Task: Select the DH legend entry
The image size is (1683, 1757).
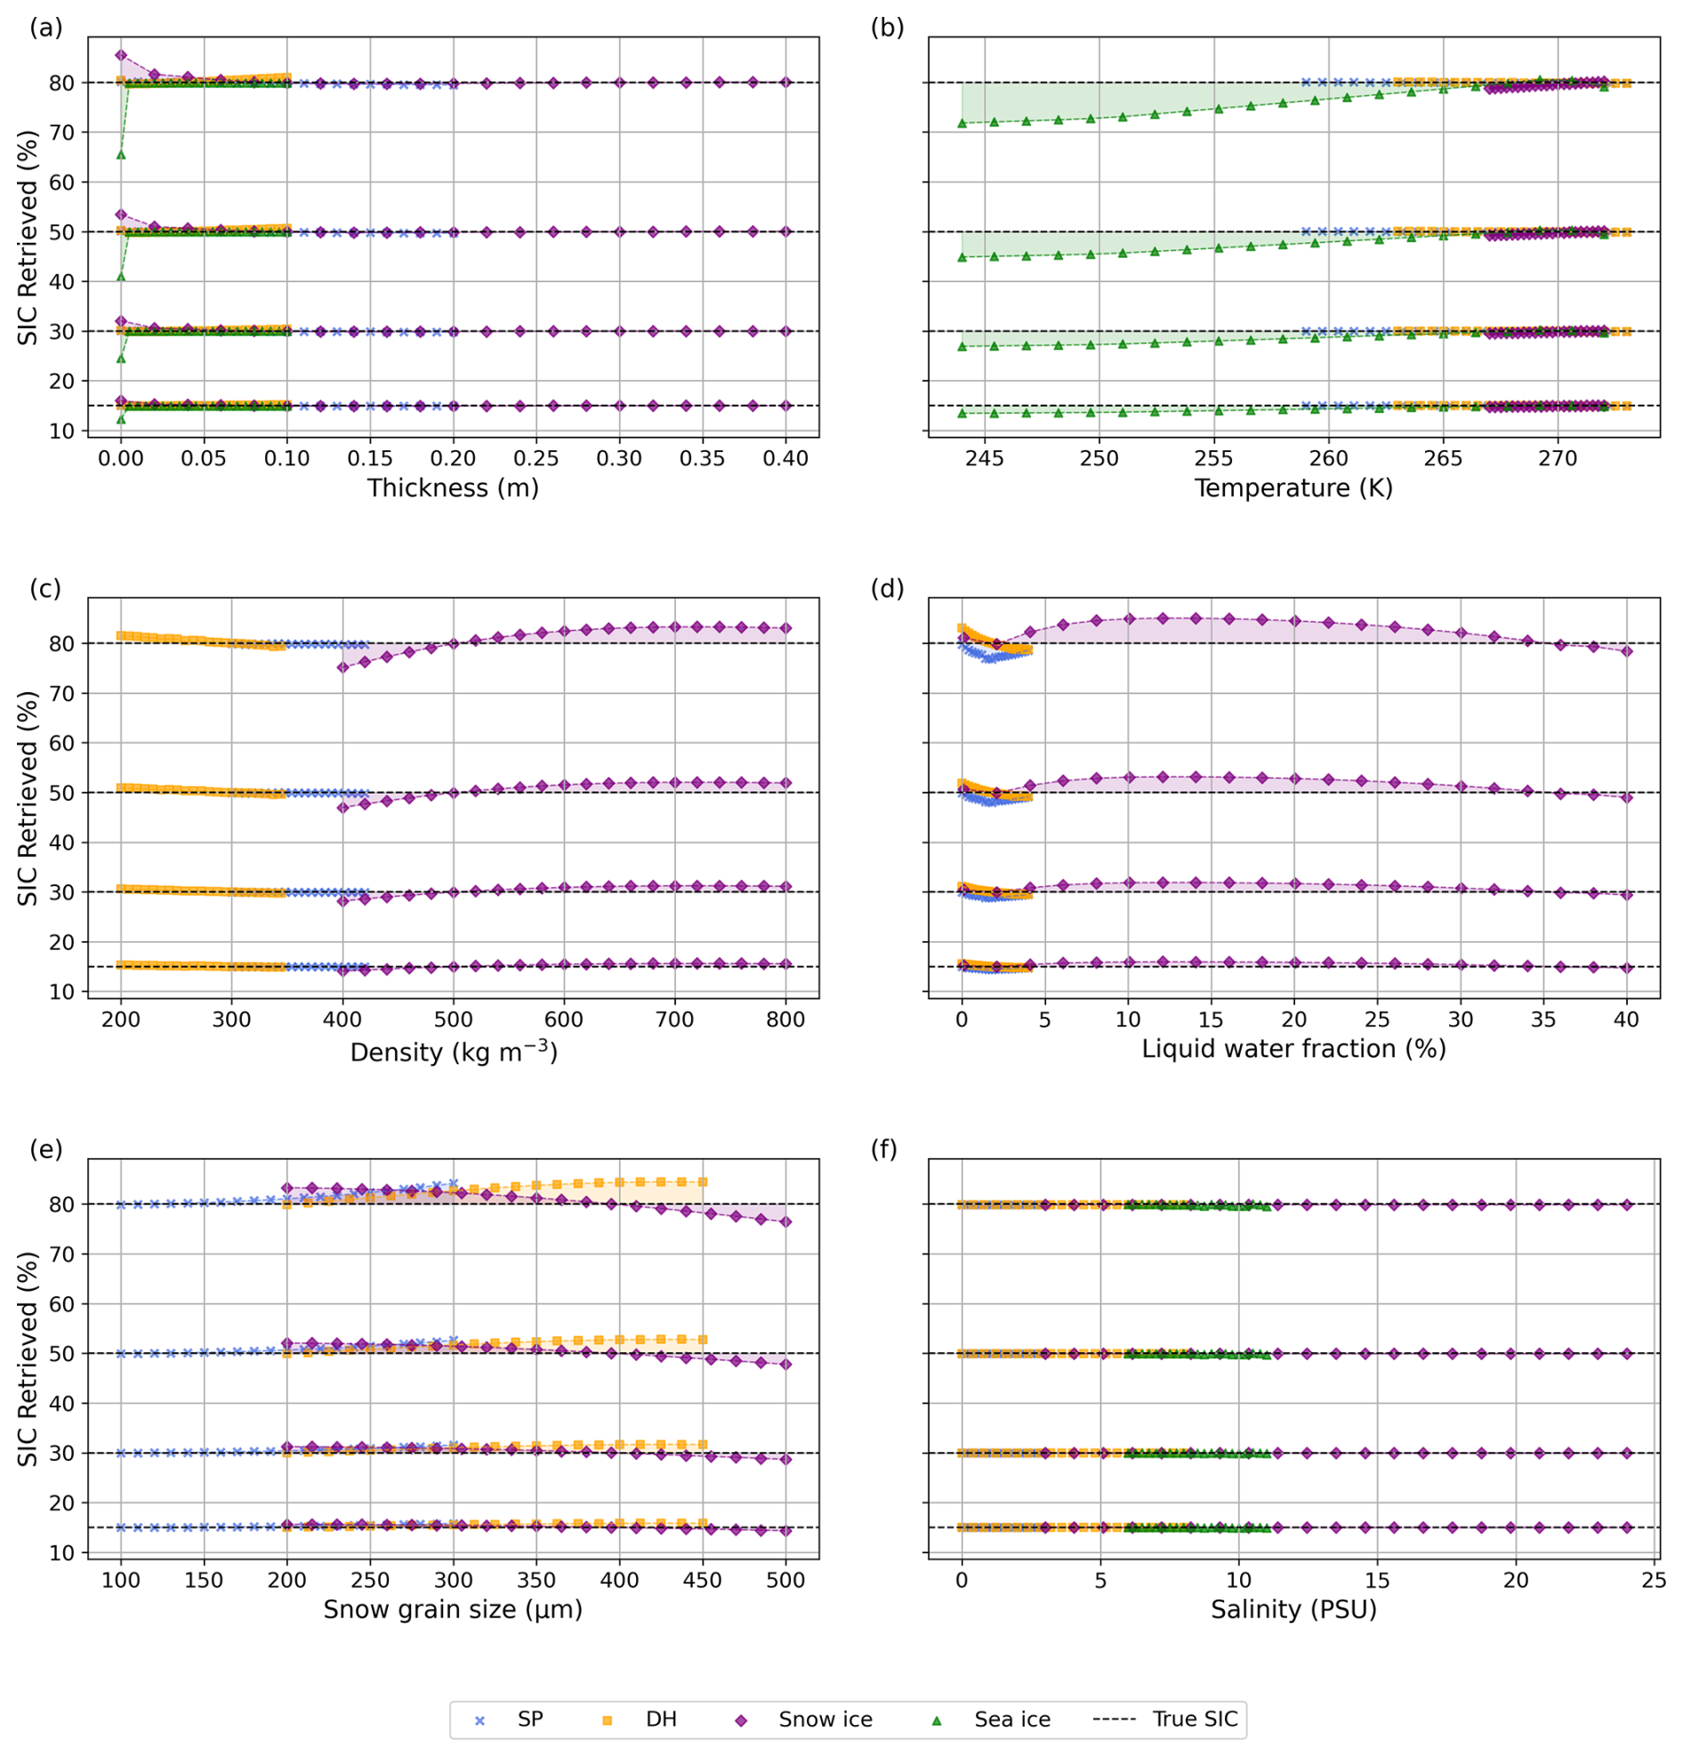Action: click(x=639, y=1719)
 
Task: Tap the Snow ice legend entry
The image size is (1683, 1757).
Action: click(x=803, y=1719)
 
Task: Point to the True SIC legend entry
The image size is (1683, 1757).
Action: click(x=1165, y=1719)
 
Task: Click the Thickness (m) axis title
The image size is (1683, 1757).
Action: click(x=453, y=488)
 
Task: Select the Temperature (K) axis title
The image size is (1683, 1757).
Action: click(x=1293, y=488)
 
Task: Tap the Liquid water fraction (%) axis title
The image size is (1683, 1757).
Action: click(x=1293, y=1049)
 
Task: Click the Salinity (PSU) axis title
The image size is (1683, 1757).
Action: click(x=1293, y=1609)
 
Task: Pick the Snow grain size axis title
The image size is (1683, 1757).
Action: click(x=453, y=1609)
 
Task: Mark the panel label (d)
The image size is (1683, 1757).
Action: click(x=887, y=588)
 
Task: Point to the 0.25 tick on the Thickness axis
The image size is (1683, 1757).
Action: click(x=535, y=458)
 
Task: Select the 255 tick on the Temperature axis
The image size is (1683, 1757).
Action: click(x=1214, y=458)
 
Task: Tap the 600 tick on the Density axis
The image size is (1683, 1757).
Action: click(x=564, y=1020)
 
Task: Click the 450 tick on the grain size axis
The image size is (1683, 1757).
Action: click(x=702, y=1579)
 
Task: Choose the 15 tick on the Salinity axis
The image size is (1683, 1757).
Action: click(x=1376, y=1579)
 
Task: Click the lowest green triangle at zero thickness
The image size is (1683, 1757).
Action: click(x=121, y=419)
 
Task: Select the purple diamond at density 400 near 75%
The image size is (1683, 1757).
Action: click(x=342, y=667)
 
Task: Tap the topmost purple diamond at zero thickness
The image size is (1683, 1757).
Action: click(x=121, y=55)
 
